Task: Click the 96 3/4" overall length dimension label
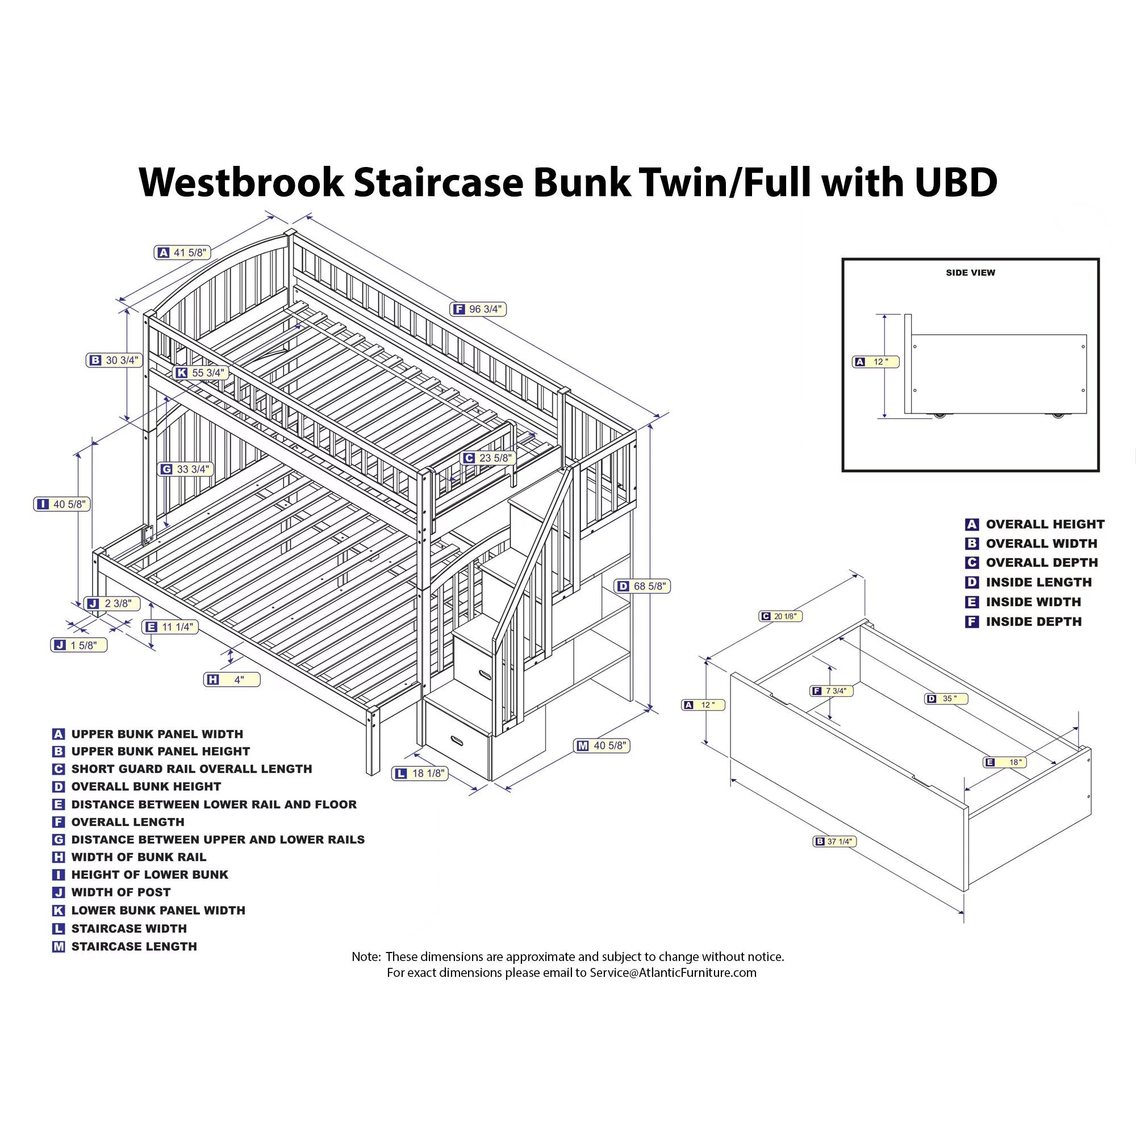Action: coord(478,310)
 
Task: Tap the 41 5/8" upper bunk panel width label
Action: coord(182,253)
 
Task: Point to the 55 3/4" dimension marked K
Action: coord(201,373)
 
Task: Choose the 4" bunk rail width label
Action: coord(232,680)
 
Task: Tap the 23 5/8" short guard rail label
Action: coord(487,458)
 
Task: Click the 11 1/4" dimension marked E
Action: coord(170,627)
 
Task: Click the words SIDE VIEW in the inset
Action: coord(970,273)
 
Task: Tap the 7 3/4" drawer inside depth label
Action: coord(832,691)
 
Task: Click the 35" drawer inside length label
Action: coord(946,699)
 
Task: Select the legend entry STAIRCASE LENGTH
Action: coord(133,946)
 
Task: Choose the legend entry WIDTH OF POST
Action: coord(120,892)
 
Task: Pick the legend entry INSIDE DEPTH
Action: coord(1033,621)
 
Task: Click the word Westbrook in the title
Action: coord(241,182)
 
